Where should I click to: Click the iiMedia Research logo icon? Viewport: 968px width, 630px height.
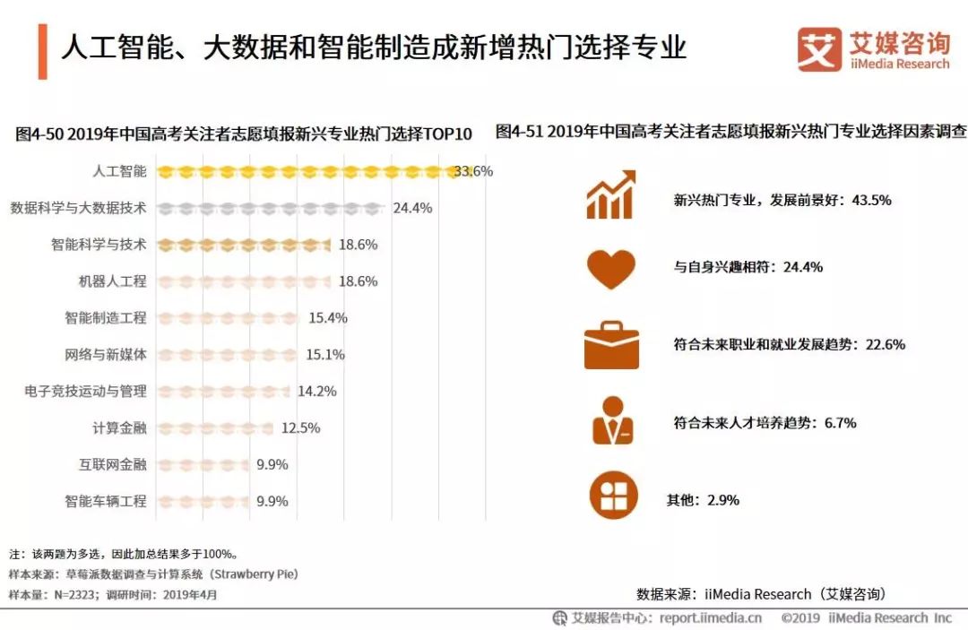[x=819, y=49]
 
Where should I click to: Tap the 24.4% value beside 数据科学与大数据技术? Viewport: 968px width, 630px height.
[x=412, y=208]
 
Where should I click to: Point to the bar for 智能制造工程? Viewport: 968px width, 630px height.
[x=229, y=318]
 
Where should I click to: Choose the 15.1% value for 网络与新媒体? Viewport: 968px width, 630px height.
[x=325, y=355]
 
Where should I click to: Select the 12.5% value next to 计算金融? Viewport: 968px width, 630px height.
[x=300, y=428]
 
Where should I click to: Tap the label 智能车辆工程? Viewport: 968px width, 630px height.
[x=105, y=502]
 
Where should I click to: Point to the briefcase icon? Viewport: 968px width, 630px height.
[x=611, y=345]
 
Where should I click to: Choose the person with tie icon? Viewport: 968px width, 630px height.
[x=612, y=420]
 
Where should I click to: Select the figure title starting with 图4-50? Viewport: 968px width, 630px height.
[x=243, y=134]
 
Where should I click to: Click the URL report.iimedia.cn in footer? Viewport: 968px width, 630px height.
[x=711, y=617]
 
